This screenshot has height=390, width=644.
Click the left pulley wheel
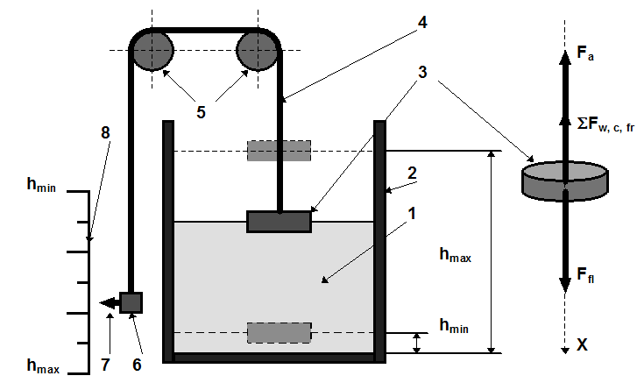152,51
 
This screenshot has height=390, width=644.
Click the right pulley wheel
258,51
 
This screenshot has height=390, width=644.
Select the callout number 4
422,22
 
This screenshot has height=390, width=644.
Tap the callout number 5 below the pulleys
201,112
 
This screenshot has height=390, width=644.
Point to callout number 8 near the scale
105,132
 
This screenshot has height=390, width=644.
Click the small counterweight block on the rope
131,303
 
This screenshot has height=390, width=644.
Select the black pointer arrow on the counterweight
110,303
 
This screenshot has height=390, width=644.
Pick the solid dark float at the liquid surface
279,222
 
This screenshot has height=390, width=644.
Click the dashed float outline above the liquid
279,151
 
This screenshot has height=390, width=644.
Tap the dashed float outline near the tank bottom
279,333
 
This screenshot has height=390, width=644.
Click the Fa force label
585,53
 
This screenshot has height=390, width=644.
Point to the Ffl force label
585,274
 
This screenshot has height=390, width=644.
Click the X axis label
582,344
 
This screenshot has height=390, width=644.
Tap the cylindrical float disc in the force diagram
565,181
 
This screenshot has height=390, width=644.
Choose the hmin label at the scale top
41,185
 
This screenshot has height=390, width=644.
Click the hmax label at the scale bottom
43,365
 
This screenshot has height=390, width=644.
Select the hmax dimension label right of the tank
455,255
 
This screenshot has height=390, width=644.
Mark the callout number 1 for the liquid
412,214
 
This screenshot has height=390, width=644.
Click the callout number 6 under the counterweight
137,365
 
